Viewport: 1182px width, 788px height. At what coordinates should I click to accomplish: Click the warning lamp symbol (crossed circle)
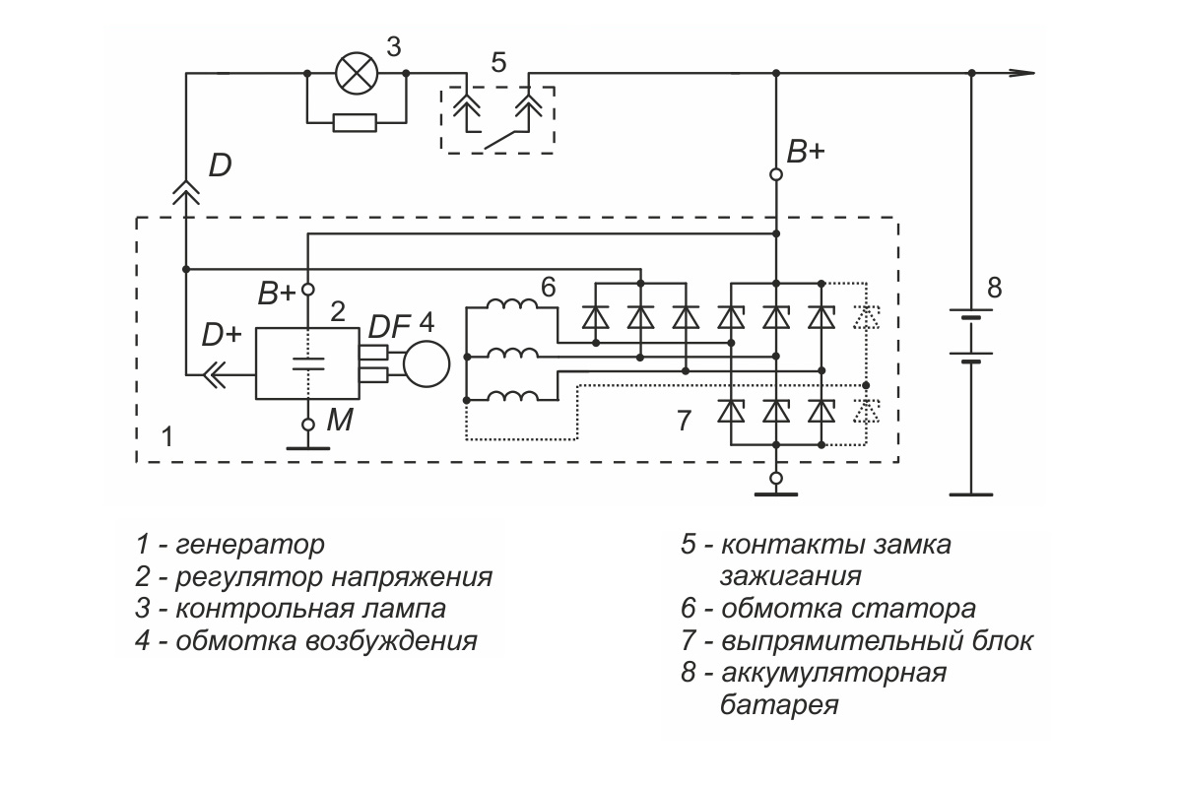tap(358, 73)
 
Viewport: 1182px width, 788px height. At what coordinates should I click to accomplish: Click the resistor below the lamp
tap(356, 123)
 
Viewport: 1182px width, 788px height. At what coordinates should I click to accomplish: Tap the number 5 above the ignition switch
tap(498, 63)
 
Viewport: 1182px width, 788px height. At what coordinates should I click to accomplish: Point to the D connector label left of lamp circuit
tap(220, 165)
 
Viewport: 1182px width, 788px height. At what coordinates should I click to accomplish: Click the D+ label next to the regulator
tap(222, 335)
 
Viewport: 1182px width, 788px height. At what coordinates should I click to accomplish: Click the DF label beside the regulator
tap(389, 327)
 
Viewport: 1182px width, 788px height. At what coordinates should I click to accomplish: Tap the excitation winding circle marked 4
tap(427, 364)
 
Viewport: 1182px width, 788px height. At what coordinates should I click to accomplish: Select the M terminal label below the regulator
tap(339, 421)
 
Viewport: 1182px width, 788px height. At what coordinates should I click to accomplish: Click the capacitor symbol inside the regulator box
tap(308, 364)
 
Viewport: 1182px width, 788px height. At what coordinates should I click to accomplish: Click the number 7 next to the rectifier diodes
tap(684, 421)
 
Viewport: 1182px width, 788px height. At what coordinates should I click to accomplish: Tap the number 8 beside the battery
tap(994, 289)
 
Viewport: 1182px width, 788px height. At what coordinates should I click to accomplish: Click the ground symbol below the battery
tap(971, 494)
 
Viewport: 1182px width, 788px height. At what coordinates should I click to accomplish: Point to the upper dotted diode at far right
tap(867, 317)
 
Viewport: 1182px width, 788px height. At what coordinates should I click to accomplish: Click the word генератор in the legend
tap(250, 544)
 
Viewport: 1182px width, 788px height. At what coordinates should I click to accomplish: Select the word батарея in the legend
tap(779, 704)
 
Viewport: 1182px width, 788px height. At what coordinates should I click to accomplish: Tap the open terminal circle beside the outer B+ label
tap(776, 174)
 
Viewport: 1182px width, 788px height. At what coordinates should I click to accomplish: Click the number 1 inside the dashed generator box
tap(167, 437)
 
